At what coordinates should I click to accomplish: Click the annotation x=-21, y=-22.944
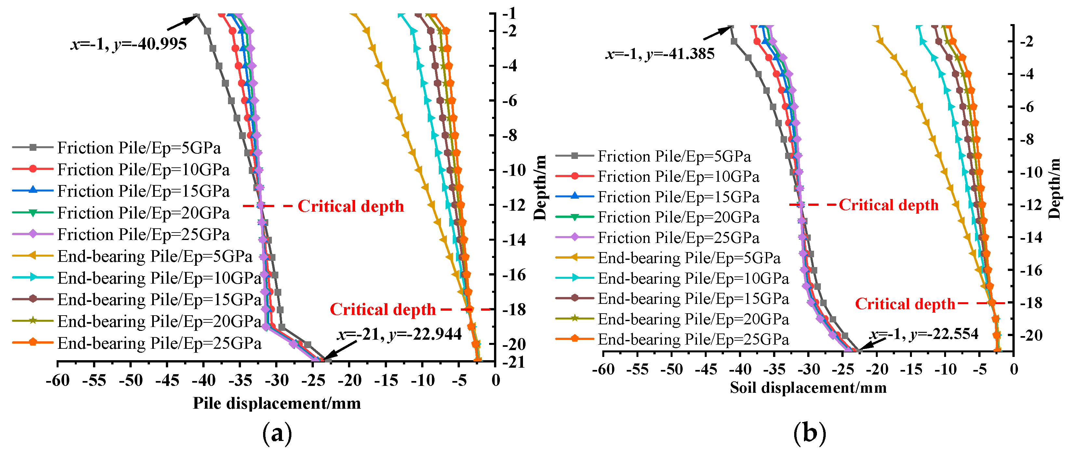point(399,334)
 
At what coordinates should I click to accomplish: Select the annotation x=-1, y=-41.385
point(660,54)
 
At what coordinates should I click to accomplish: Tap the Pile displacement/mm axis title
point(277,403)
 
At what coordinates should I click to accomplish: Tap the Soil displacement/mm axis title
point(808,388)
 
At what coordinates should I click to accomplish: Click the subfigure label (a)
point(277,433)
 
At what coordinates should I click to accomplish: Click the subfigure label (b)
point(809,433)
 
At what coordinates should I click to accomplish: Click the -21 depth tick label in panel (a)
point(514,362)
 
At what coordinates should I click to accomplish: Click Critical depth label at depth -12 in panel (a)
point(351,206)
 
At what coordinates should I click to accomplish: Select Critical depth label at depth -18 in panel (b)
point(905,304)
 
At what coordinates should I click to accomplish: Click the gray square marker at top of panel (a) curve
point(197,16)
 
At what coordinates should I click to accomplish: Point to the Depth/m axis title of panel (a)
point(540,187)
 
